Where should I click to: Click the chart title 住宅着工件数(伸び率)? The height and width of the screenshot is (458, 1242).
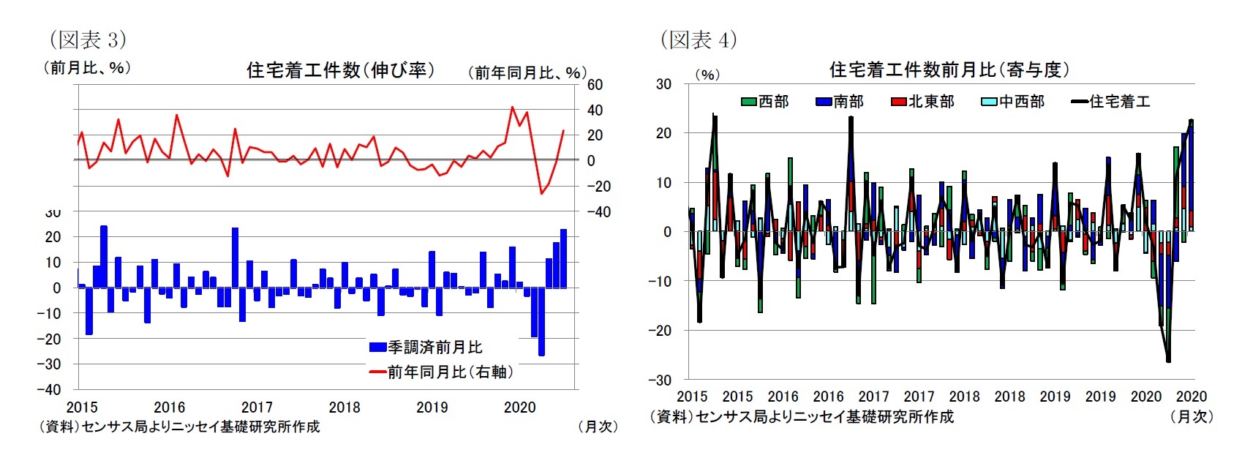(x=340, y=70)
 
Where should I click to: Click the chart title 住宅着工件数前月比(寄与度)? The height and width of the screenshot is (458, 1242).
(x=949, y=70)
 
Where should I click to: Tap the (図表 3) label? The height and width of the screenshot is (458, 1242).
(x=87, y=39)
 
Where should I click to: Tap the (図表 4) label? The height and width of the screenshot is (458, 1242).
(x=699, y=40)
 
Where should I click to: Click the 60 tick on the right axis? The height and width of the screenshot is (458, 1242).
(x=595, y=85)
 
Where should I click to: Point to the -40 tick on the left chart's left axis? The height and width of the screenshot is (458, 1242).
(x=49, y=389)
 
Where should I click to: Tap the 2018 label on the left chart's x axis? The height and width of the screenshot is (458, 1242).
(x=345, y=408)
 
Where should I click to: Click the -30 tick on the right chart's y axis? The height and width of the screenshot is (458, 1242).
(x=660, y=380)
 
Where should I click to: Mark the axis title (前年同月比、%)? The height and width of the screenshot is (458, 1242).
(x=527, y=72)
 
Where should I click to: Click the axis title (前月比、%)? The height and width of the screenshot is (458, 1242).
(x=87, y=68)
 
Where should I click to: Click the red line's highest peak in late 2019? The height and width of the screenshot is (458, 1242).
(x=512, y=108)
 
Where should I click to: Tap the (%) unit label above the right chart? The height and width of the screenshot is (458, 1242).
(x=707, y=75)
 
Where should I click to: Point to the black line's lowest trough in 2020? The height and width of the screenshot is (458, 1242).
(x=1168, y=361)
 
